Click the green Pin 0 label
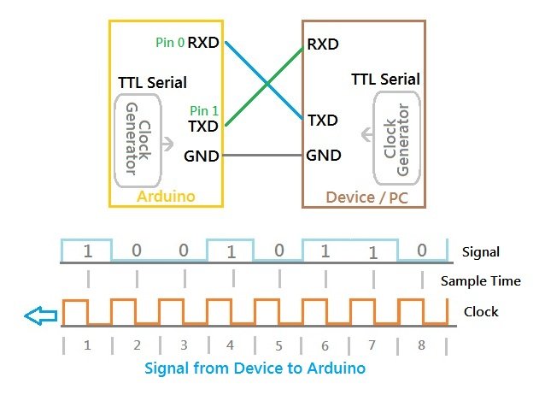pos(170,43)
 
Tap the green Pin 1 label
pos(204,110)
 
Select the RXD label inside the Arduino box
pos(203,43)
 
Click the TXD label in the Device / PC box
pos(323,121)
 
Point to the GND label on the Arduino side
pos(202,156)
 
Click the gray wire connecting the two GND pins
pos(262,156)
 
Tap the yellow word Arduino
pos(166,197)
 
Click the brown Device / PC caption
pos(367,197)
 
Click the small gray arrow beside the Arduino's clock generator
pos(168,144)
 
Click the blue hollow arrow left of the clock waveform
pos(41,315)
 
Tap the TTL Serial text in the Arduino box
pos(153,83)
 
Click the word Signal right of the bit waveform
pos(481,252)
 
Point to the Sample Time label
pos(481,280)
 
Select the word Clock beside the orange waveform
pos(481,311)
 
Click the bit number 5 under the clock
pos(278,346)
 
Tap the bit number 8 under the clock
pos(422,345)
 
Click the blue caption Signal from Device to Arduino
pos(255,368)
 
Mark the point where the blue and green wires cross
pos(267,84)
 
